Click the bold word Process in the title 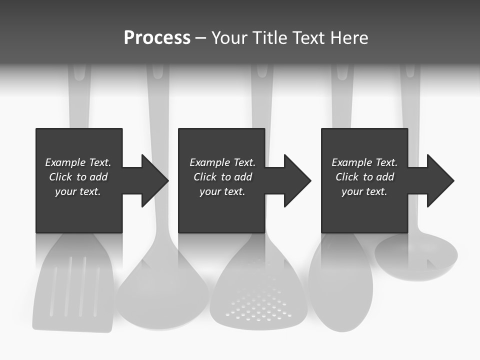pos(157,38)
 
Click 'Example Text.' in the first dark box pos(78,162)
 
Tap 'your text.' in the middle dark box pos(222,191)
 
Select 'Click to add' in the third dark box pos(364,177)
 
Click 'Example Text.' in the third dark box pos(364,162)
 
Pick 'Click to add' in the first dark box pos(78,177)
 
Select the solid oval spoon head pos(340,285)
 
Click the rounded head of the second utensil pos(162,295)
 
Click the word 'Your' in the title pos(229,38)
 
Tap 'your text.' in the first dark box pos(78,191)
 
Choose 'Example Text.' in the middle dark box pos(222,162)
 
